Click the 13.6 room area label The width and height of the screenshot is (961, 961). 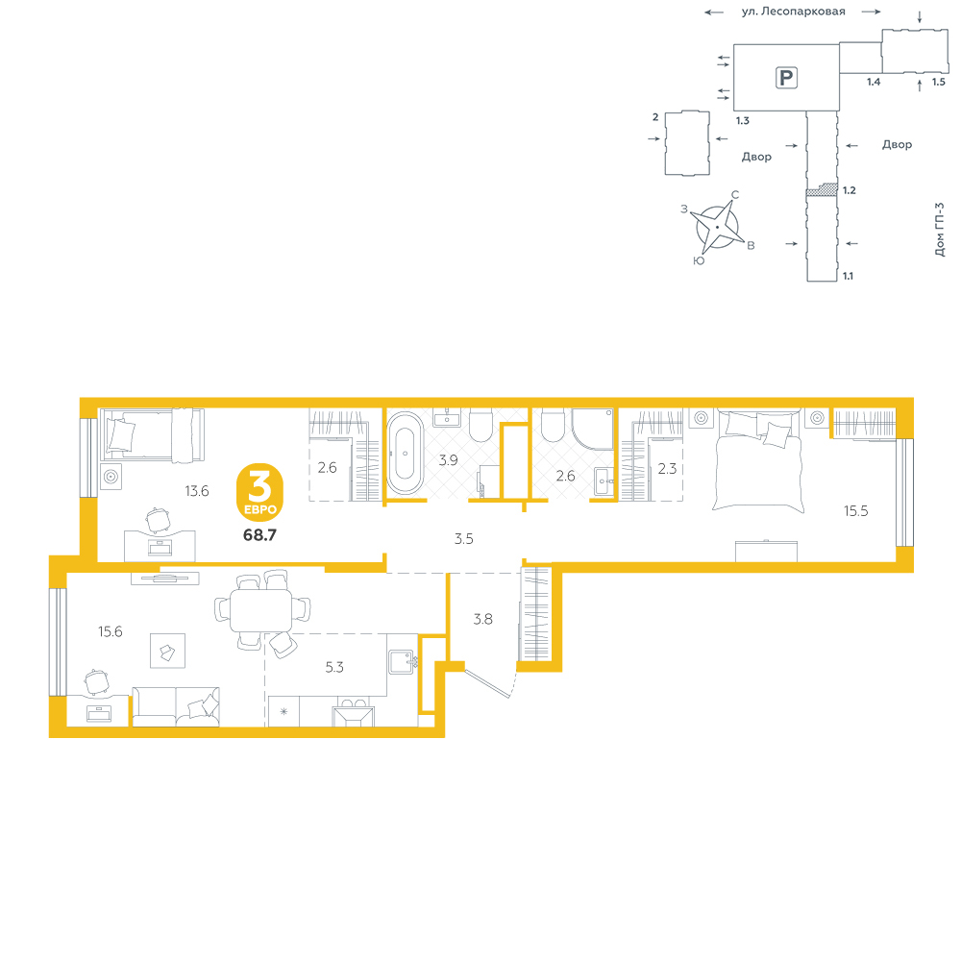197,491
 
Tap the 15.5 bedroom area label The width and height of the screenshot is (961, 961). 855,511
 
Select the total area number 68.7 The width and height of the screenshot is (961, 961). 259,535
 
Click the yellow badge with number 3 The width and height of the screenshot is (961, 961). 259,492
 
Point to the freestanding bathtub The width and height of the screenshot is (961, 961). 405,453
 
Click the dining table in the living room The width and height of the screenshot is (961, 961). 261,610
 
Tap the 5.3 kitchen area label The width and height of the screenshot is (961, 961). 334,667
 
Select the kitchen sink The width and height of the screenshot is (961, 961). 402,662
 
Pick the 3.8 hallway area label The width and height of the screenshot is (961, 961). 483,620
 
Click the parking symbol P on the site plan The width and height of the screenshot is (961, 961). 786,78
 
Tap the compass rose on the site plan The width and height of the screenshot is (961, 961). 717,227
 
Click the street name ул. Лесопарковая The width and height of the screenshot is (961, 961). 793,12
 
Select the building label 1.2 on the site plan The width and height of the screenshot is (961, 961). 849,190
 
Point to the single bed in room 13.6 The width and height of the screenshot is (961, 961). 152,435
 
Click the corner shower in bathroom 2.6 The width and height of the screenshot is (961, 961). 592,429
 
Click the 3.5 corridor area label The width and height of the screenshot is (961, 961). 464,539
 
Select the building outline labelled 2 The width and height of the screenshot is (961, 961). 687,143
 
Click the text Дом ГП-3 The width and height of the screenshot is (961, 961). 939,230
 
